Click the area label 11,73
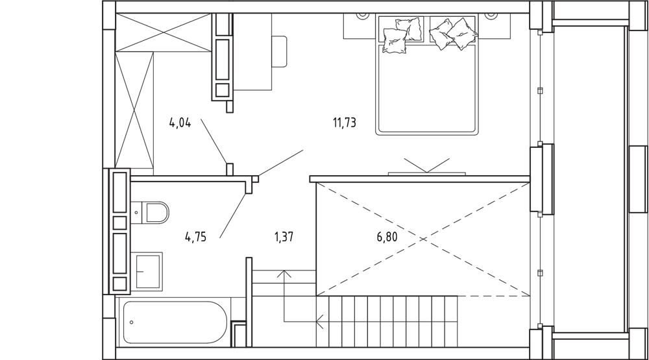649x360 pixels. [345, 123]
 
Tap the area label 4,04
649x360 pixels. [180, 123]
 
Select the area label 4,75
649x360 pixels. [196, 237]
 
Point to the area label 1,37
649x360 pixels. [284, 237]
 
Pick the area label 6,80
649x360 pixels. [387, 237]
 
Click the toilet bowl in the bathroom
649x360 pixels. [157, 213]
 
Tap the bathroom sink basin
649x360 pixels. [147, 271]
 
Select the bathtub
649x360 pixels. [175, 322]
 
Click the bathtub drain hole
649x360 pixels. [132, 322]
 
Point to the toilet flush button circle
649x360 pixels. [136, 213]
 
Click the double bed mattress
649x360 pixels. [427, 88]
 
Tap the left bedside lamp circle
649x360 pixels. [363, 15]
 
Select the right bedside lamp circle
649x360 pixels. [491, 15]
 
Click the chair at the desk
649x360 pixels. [279, 52]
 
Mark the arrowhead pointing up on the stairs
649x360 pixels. [284, 274]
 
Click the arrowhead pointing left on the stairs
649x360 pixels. [319, 321]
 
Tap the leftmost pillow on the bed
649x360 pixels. [394, 41]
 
